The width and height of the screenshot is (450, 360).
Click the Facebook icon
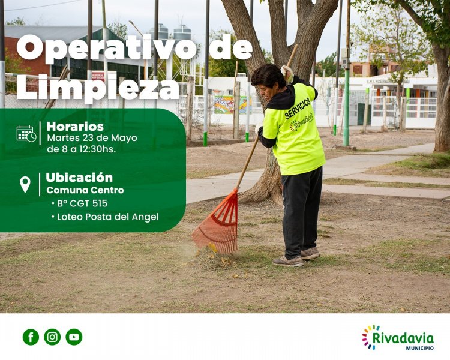31,337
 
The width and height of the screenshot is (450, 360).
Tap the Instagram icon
52,337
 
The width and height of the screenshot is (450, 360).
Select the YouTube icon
74,337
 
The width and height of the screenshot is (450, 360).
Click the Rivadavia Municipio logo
398,338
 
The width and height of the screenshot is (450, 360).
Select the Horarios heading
75,127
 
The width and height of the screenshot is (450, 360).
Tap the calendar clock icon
26,134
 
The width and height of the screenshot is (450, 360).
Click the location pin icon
25,184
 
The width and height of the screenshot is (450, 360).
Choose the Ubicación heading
79,178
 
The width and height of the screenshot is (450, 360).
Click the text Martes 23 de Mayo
92,138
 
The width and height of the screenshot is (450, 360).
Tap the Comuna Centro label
85,190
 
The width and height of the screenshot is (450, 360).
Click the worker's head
268,76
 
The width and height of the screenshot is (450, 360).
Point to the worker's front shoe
288,261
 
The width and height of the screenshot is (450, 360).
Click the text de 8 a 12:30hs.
81,149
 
